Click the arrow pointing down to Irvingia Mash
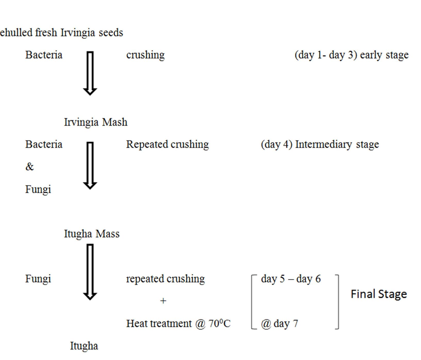coord(90,73)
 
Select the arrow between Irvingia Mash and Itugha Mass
coord(90,165)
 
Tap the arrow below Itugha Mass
coord(90,272)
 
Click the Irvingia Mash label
coord(96,122)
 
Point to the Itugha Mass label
coord(92,234)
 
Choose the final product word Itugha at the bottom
coord(84,346)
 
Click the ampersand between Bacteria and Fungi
coord(29,167)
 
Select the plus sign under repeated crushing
coord(163,301)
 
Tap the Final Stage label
coord(379,294)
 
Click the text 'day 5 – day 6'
coord(291,279)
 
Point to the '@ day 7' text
coord(280,323)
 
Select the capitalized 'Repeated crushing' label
coord(167,144)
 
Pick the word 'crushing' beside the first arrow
coord(145,55)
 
